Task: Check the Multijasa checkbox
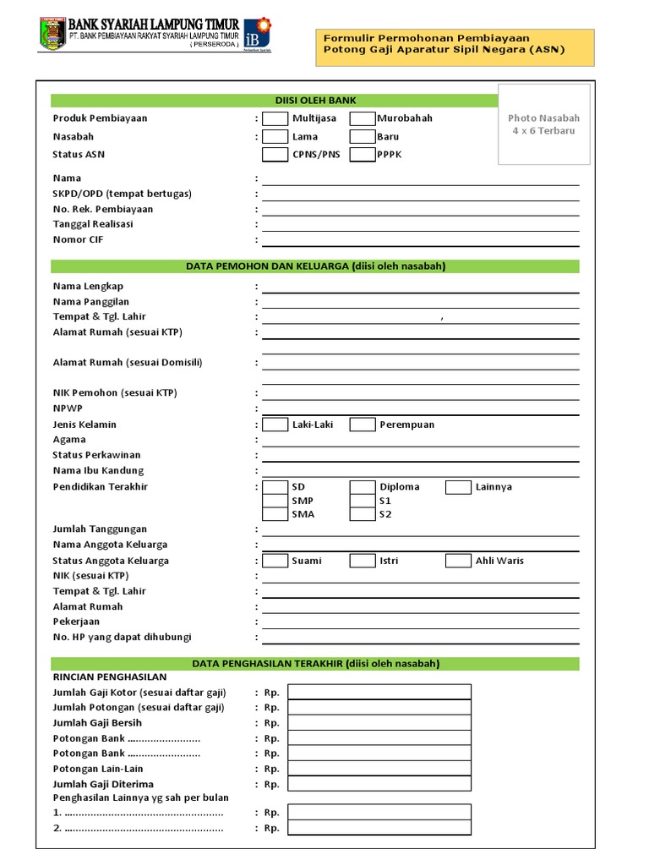(275, 118)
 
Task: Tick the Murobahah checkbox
(363, 118)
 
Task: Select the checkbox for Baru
(363, 136)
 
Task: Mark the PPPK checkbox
(363, 155)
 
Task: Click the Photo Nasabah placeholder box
(545, 124)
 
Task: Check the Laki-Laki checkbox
(275, 425)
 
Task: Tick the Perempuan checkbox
(363, 425)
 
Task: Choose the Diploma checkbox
(363, 487)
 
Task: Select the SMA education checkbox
(275, 514)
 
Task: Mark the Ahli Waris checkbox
(458, 561)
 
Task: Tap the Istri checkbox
(363, 561)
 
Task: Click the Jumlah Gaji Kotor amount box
(379, 693)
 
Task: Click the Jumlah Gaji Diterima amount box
(379, 784)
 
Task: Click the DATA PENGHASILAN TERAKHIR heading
(315, 664)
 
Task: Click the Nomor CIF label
(78, 240)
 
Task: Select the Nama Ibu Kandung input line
(420, 470)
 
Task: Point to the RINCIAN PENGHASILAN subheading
(110, 677)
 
